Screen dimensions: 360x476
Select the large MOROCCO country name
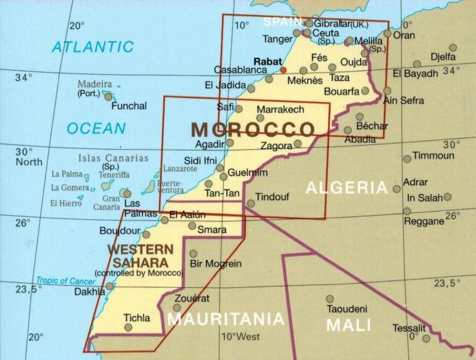tap(253, 129)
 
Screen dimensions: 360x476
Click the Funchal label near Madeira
tap(129, 106)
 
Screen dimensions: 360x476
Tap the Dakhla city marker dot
tap(109, 286)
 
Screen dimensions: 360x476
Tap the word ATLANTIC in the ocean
tap(94, 47)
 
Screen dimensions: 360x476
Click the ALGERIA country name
tap(346, 187)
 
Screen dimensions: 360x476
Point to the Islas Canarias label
tap(112, 158)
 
